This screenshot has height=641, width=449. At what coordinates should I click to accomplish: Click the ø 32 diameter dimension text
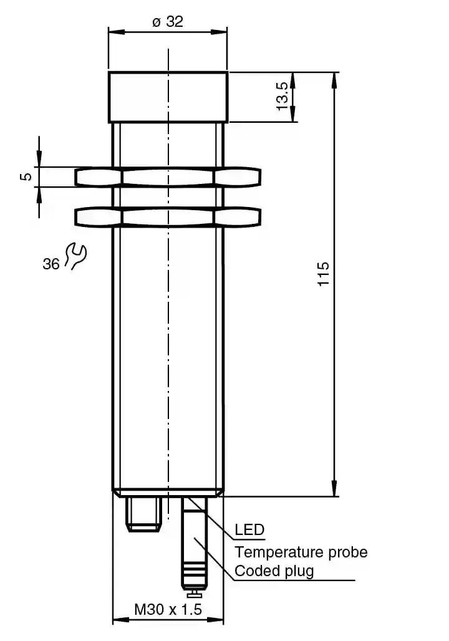(168, 21)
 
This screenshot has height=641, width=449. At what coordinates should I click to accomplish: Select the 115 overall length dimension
(324, 274)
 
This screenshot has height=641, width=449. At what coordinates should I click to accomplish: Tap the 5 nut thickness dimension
(26, 176)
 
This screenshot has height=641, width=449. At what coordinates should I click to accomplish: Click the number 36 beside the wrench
(51, 264)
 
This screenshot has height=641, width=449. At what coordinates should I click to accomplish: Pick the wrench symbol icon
(75, 256)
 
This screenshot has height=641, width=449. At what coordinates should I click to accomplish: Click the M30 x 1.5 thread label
(168, 610)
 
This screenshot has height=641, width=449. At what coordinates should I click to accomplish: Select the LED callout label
(249, 529)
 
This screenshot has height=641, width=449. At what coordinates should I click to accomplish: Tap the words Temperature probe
(301, 552)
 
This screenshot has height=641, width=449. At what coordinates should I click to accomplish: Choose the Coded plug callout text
(274, 571)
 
